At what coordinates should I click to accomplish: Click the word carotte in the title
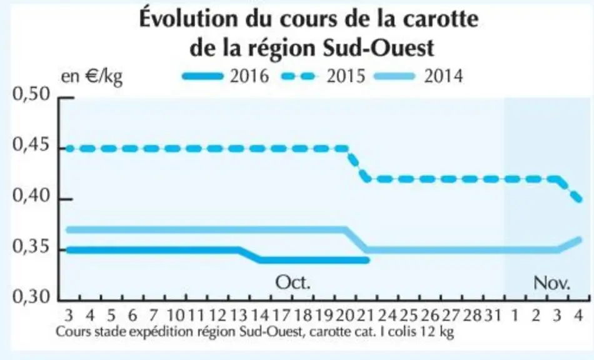(x=440, y=19)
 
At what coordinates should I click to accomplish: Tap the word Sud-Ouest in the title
(x=378, y=49)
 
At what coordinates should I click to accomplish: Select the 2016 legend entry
(x=225, y=76)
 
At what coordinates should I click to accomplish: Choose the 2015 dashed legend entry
(x=323, y=76)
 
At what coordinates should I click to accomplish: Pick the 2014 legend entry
(x=418, y=76)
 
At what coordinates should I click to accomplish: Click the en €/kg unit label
(x=92, y=77)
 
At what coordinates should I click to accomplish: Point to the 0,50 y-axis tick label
(x=31, y=94)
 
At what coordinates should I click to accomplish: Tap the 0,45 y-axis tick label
(x=31, y=145)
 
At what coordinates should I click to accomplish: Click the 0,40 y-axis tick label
(x=31, y=196)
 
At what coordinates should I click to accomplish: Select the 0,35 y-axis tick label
(x=31, y=247)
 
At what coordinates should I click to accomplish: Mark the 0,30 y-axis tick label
(x=31, y=297)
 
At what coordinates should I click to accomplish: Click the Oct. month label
(x=293, y=282)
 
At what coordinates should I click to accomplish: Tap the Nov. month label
(x=551, y=282)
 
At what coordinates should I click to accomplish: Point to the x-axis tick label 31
(x=493, y=315)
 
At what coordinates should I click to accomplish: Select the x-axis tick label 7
(x=153, y=315)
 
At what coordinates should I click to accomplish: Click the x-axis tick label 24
(x=387, y=315)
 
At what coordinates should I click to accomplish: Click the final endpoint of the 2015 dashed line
(x=579, y=199)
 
